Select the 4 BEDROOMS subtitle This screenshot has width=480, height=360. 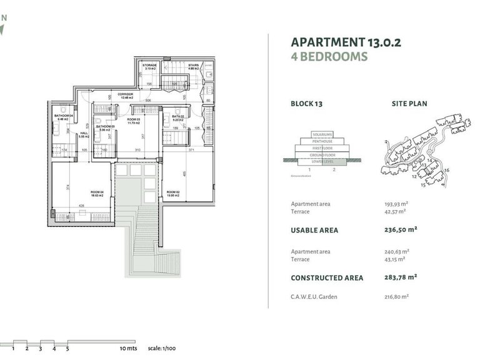pos(329,57)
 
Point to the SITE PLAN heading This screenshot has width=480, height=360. pos(409,104)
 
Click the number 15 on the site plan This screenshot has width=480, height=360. pos(424,186)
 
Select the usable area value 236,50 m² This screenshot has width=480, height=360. pos(401,229)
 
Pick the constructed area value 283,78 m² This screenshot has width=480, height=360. pos(401,277)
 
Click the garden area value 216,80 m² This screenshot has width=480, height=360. pos(396,297)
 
